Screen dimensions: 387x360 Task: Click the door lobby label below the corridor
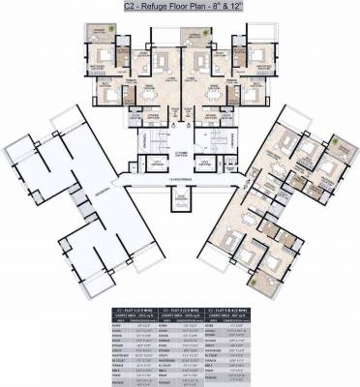pyautogui.click(x=180, y=197)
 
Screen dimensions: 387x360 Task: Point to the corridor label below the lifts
pyautogui.click(x=180, y=179)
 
